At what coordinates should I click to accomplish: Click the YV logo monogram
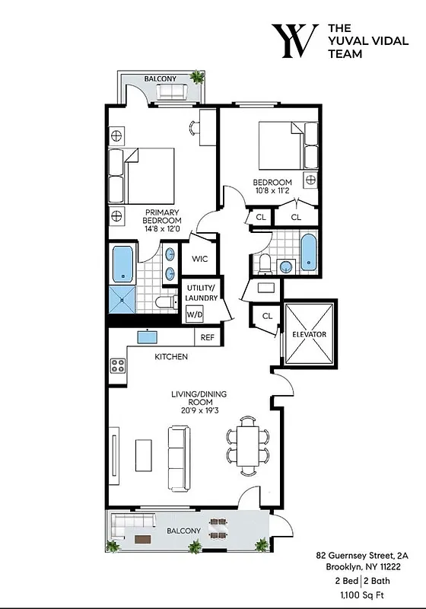coord(295,41)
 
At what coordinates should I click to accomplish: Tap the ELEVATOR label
coord(309,334)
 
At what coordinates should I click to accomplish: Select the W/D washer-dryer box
coord(194,314)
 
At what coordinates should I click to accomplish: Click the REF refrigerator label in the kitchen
coord(205,337)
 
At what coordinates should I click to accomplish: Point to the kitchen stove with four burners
coord(119,365)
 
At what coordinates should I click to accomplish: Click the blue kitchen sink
coord(147,336)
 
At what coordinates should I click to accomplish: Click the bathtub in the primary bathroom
coord(122,264)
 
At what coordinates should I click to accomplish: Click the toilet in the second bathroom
coord(264,264)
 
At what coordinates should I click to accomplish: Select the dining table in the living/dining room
coord(248,445)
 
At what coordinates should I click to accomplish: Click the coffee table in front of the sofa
coord(144,454)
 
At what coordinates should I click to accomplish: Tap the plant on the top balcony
coord(198,76)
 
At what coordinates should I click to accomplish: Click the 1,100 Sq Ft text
coord(366,591)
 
